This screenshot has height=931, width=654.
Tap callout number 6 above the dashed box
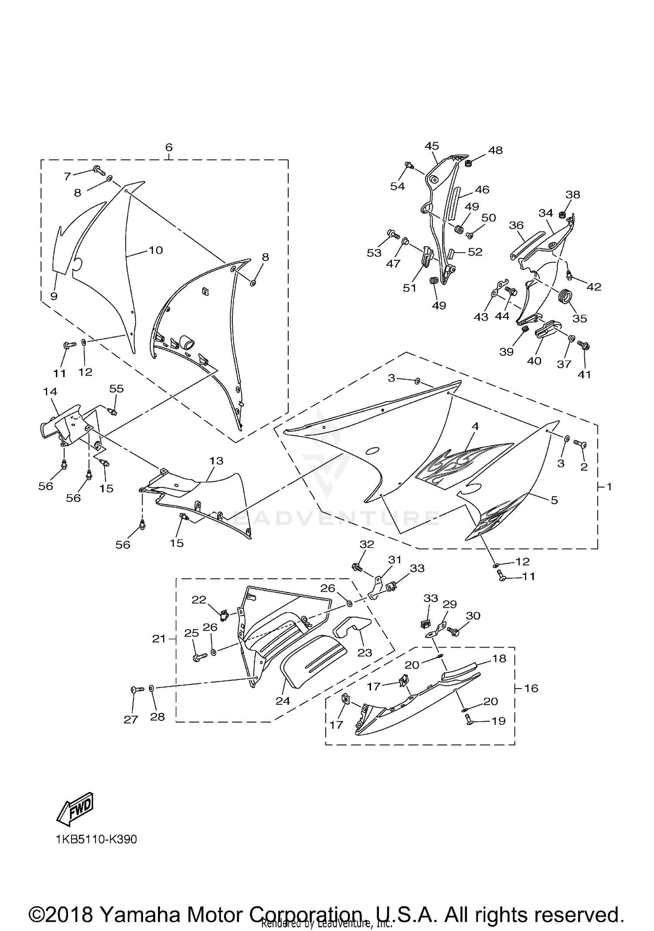coord(169,147)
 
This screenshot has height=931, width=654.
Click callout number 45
coord(432,146)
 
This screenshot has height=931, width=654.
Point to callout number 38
coord(573,194)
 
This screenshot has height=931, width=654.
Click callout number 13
coord(216,460)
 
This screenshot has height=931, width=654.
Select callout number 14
coord(50,391)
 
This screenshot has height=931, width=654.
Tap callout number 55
coord(116,388)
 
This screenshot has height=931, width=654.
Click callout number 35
coord(579,318)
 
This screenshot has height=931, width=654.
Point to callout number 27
coord(131,720)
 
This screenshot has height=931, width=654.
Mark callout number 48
coord(495,150)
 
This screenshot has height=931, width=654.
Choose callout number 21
coord(159,639)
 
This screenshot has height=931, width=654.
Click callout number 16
coord(531,688)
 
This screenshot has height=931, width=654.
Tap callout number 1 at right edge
coord(609,486)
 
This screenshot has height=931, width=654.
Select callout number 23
coord(364,652)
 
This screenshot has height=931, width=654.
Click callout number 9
coord(54,296)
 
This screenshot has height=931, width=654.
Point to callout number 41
coord(584,374)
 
